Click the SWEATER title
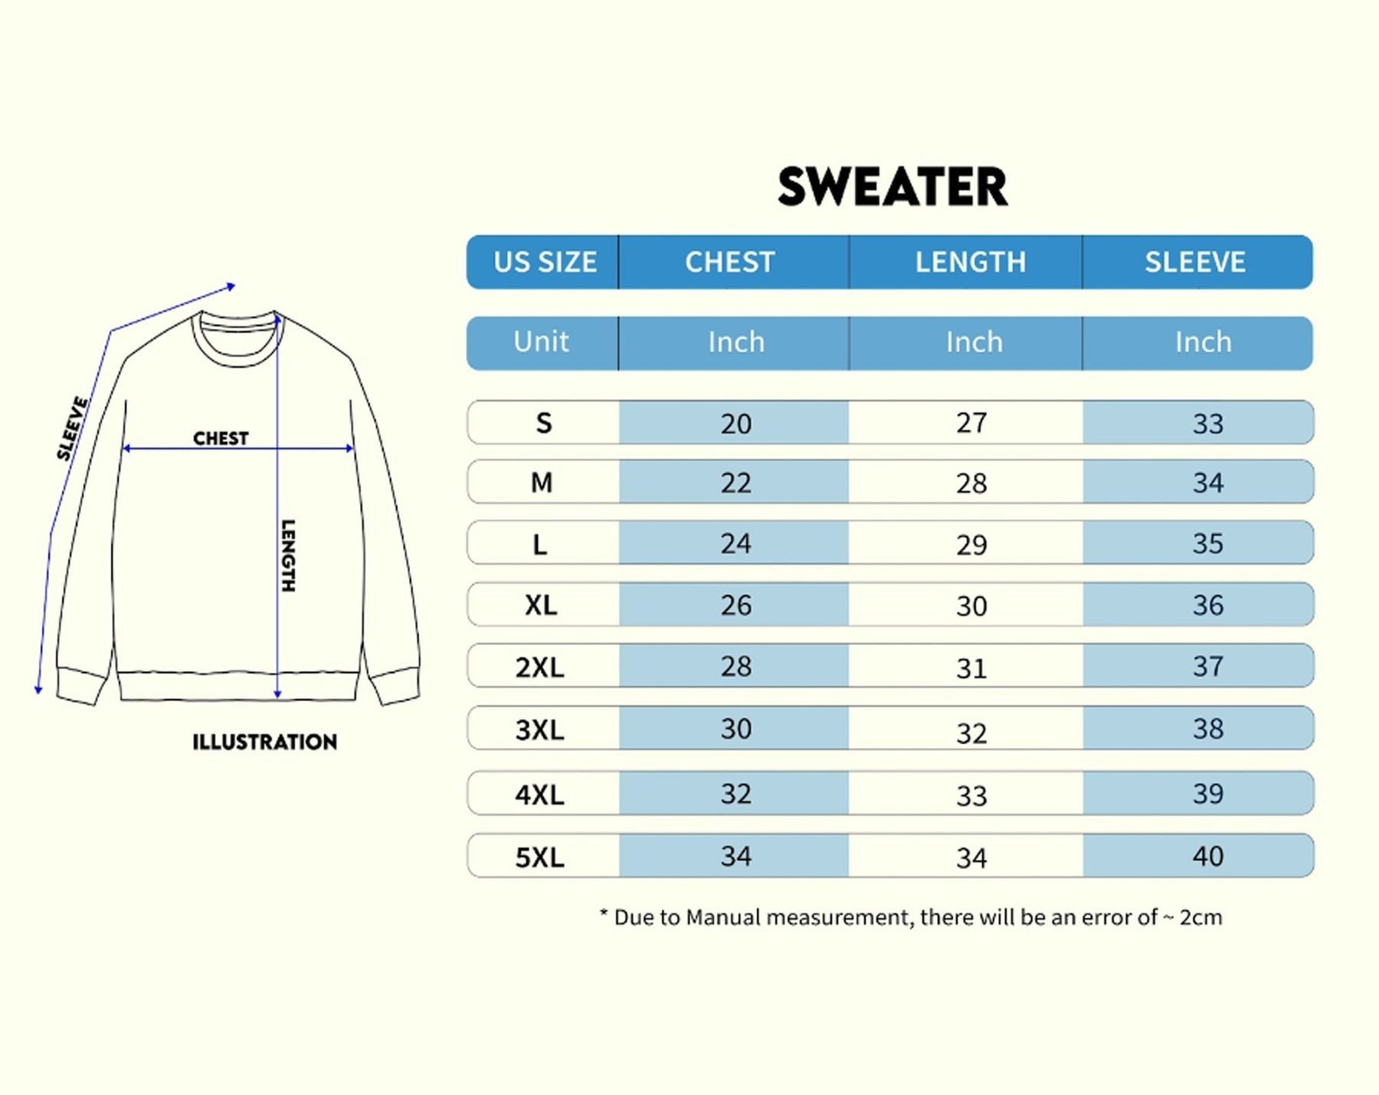tap(893, 187)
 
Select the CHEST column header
tap(729, 262)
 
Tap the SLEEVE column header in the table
tap(1195, 262)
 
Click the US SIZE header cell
tap(545, 262)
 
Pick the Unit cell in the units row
tap(541, 342)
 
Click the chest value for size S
tap(735, 423)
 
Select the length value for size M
tap(971, 484)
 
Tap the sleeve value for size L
tap(1207, 544)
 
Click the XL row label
tap(541, 605)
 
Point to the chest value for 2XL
tap(735, 667)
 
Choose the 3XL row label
tap(539, 729)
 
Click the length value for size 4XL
tap(971, 795)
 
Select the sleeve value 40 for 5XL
tap(1207, 856)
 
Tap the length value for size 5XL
tap(971, 857)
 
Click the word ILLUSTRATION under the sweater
tap(264, 742)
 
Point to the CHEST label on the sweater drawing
tap(221, 438)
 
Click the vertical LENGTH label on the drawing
tap(288, 556)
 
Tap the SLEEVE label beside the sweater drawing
tap(73, 428)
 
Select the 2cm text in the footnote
tap(1200, 917)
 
